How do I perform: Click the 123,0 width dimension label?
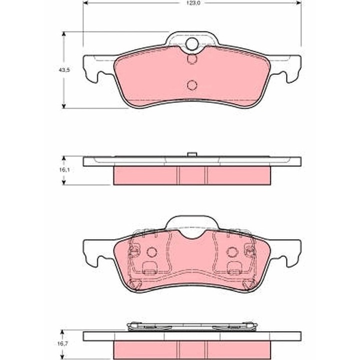[192, 3]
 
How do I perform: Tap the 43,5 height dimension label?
[63, 70]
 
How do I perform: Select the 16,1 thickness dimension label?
[63, 170]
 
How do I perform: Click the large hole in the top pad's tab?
[192, 45]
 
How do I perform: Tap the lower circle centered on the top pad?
[192, 85]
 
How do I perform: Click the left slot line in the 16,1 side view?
[178, 175]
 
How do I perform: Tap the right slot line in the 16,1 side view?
[206, 175]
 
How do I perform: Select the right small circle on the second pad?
[231, 251]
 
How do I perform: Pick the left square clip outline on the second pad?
[148, 268]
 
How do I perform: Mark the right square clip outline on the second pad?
[233, 268]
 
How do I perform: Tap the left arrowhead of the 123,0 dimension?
[85, 3]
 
